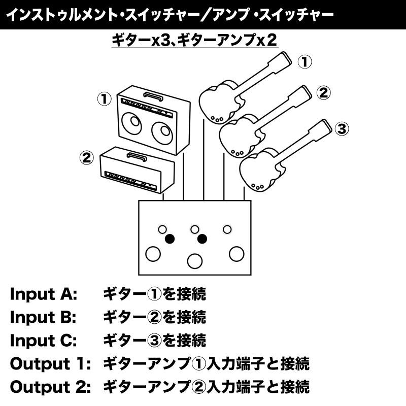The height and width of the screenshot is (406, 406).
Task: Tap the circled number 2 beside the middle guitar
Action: (323, 93)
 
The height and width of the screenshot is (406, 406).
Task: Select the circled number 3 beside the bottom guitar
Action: (342, 129)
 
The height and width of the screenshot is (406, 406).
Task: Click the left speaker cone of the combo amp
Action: (133, 124)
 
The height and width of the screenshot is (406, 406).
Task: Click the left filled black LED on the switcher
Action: (170, 239)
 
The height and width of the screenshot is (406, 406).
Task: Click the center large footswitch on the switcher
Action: (194, 261)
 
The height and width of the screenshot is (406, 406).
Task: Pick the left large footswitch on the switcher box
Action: (152, 253)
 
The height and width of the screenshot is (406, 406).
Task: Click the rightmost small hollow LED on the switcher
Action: (227, 229)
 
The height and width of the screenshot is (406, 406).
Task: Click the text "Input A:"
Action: (43, 294)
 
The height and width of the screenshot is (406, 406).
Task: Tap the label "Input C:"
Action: (43, 341)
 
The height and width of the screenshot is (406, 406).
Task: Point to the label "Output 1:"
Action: (50, 364)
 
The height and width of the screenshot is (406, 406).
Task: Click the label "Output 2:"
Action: (50, 387)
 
